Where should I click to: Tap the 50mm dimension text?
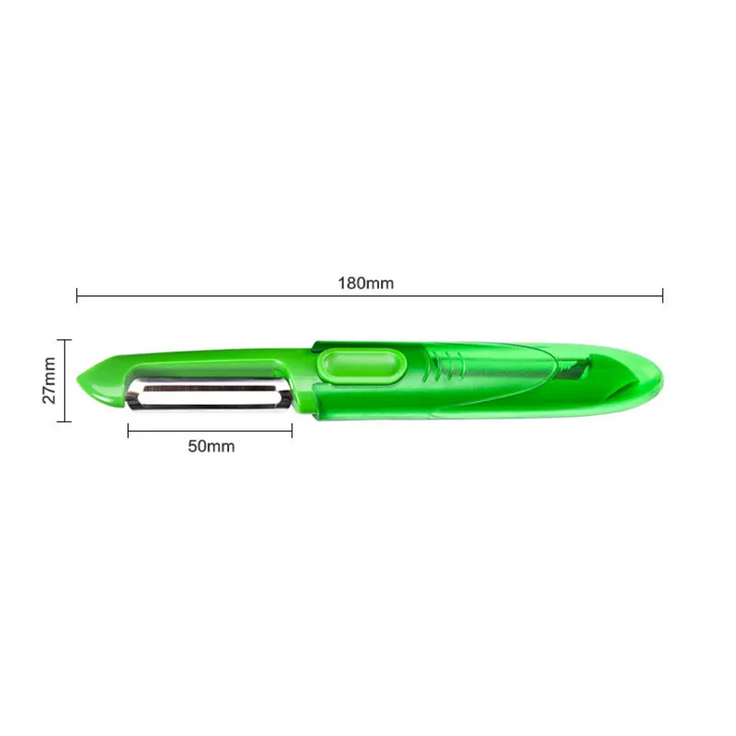211,446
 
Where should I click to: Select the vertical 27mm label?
50,380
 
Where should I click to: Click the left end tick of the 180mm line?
77,295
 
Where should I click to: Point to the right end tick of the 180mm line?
662,295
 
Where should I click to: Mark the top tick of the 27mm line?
63,339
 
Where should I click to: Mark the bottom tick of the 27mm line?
63,420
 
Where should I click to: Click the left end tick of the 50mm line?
128,430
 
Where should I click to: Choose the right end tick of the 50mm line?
292,430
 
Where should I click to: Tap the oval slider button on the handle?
362,365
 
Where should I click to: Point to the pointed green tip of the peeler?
82,380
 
